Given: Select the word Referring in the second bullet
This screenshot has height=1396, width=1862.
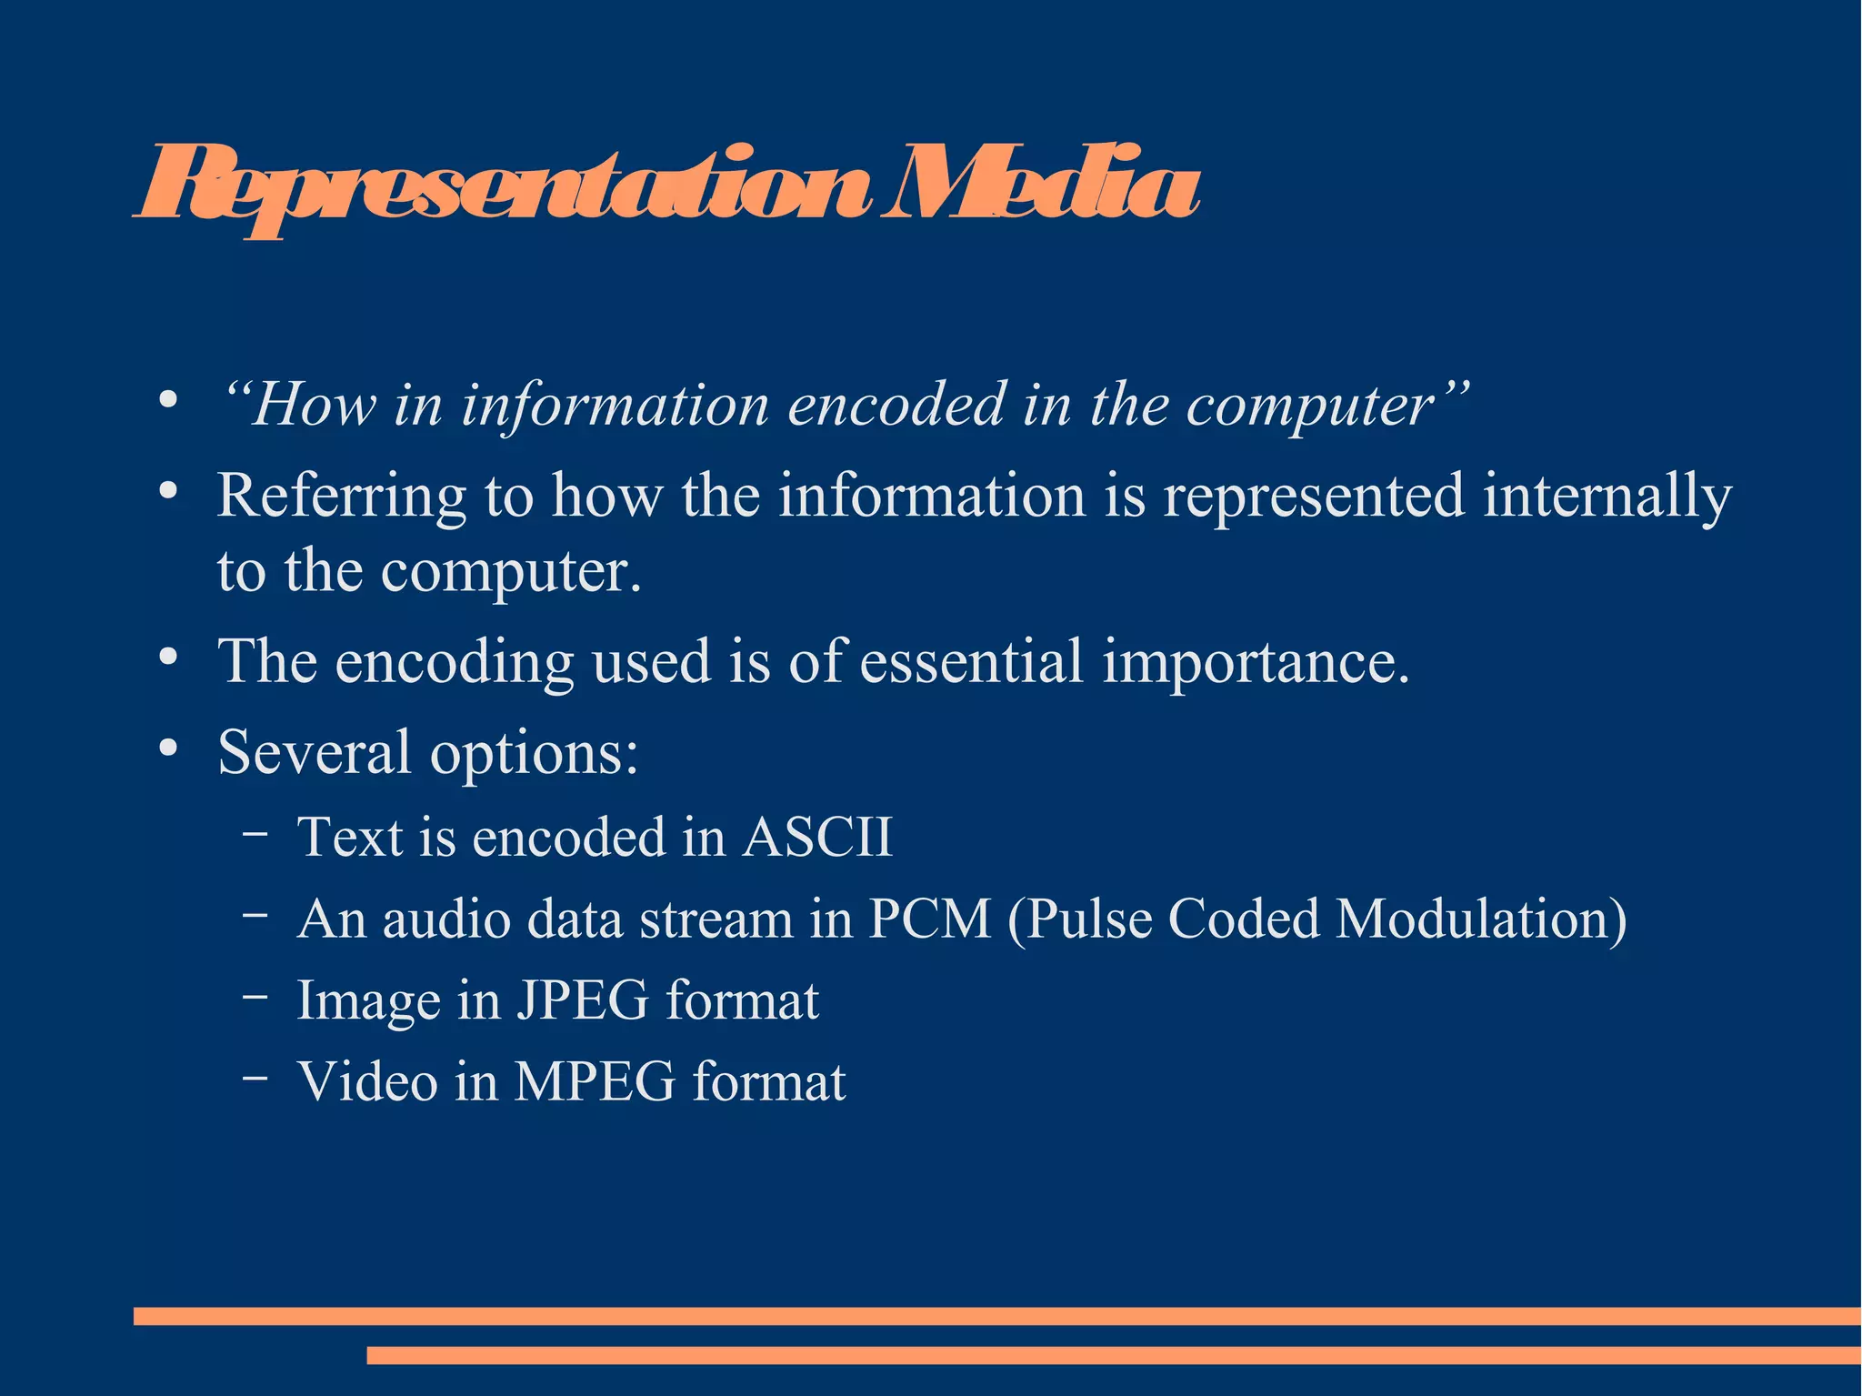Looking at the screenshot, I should click(x=341, y=497).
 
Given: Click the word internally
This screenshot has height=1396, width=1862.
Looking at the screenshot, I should click(x=1607, y=497).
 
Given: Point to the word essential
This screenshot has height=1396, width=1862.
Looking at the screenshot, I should click(x=971, y=661).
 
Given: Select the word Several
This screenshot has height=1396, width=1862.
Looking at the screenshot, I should click(x=315, y=752).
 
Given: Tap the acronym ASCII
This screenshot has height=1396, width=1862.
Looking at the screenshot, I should click(x=817, y=837).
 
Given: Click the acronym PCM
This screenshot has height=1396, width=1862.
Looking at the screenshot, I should click(x=929, y=919).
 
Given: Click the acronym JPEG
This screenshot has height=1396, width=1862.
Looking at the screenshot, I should click(x=583, y=1000).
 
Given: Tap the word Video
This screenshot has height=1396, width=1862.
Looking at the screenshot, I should click(x=367, y=1082).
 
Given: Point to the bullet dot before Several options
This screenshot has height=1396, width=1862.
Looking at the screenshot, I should click(x=167, y=748).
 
